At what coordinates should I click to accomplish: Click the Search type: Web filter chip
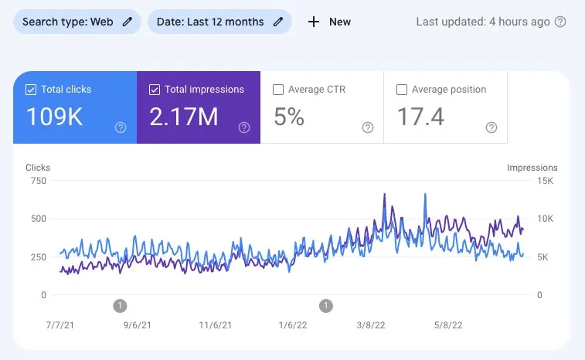(x=77, y=22)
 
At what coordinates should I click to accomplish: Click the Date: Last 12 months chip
(x=219, y=22)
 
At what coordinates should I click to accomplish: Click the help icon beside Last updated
(x=560, y=22)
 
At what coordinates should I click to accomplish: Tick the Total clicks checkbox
(x=31, y=90)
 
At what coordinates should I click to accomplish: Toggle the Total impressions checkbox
(x=155, y=90)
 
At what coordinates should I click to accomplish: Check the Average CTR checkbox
(x=278, y=90)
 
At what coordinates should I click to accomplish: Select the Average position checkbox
(x=402, y=90)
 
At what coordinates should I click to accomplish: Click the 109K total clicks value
(x=53, y=117)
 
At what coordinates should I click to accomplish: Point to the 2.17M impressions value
(x=183, y=117)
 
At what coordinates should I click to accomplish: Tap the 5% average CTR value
(x=289, y=117)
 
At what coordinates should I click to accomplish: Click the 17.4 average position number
(x=420, y=117)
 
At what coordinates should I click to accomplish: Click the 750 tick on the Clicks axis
(x=37, y=181)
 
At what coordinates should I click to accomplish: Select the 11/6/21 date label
(x=215, y=325)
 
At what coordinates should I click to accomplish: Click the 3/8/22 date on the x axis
(x=370, y=325)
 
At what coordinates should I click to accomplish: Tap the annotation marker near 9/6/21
(x=120, y=306)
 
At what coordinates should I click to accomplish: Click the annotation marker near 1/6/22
(x=326, y=306)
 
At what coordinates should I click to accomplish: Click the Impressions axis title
(x=532, y=168)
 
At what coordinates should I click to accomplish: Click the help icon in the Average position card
(x=491, y=127)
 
